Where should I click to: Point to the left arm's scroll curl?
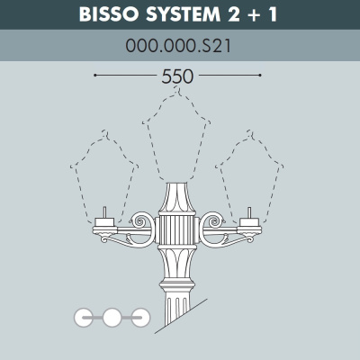[x=142, y=220]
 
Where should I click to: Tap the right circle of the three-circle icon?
[x=139, y=316]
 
